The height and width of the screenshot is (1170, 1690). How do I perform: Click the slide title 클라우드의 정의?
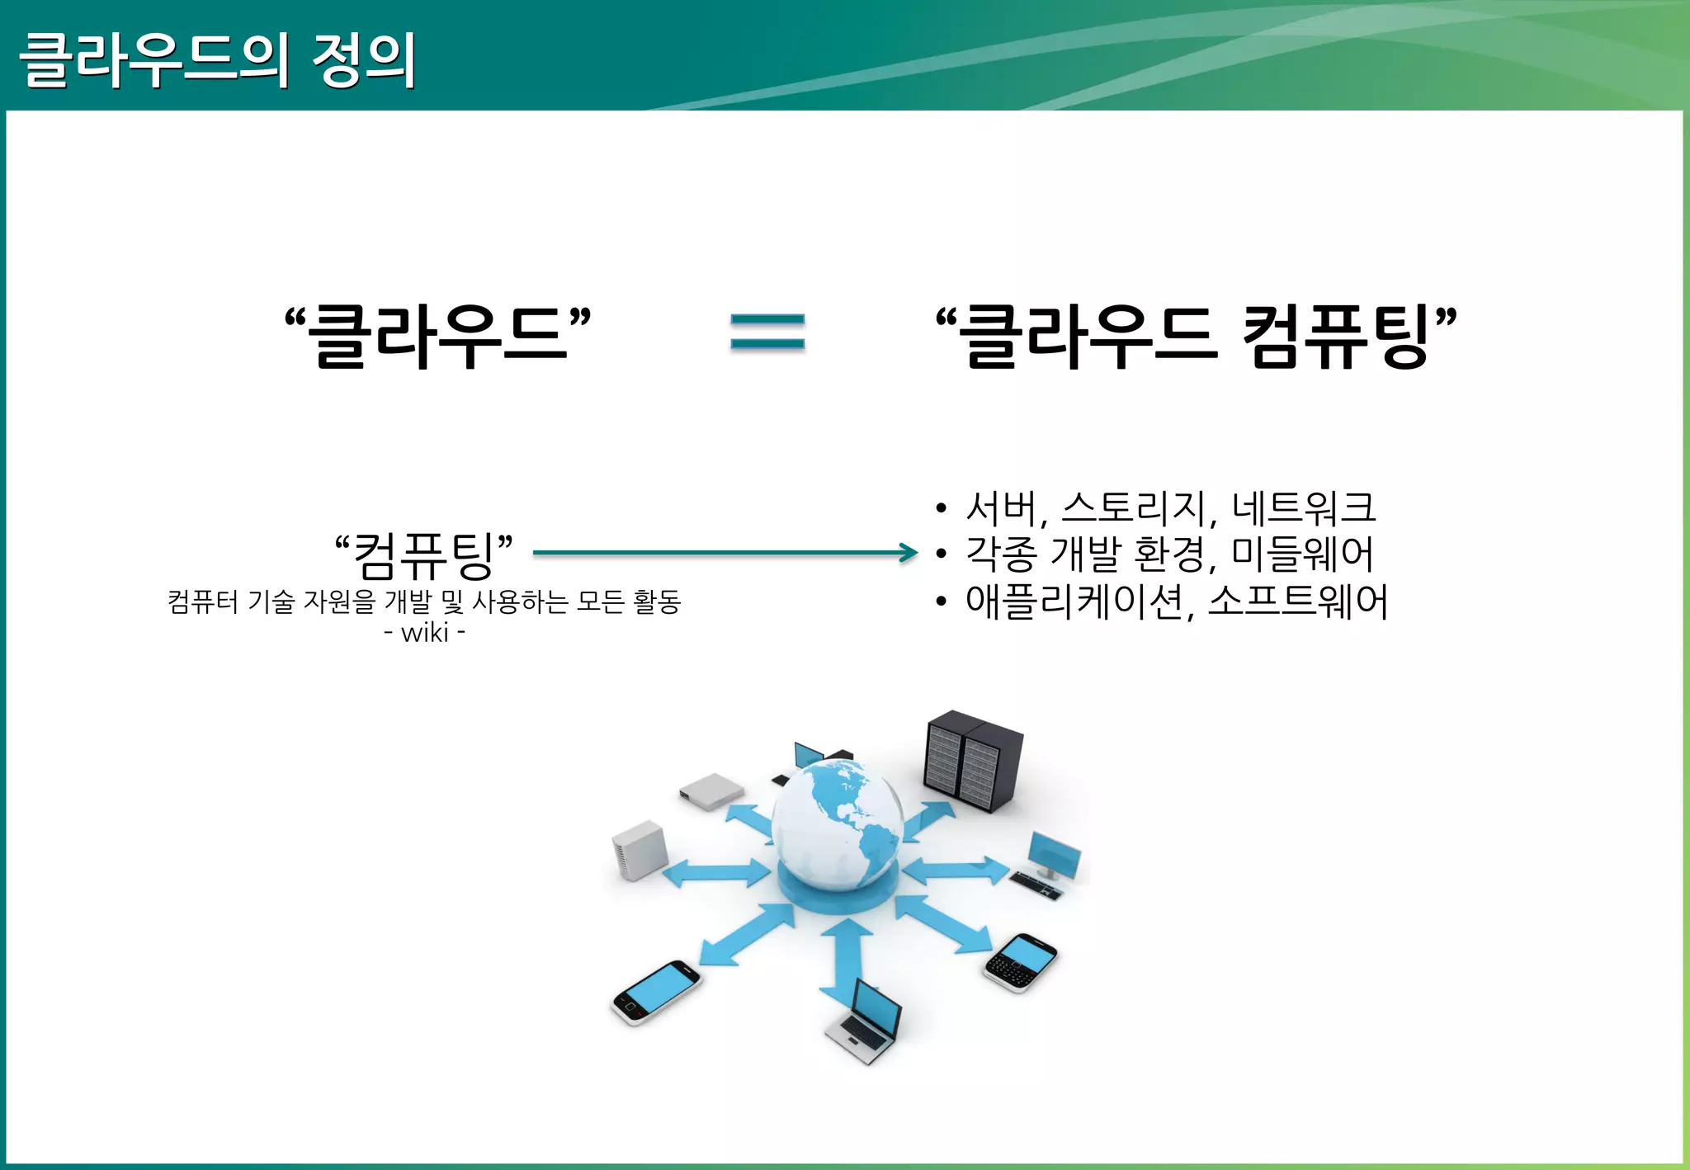[x=217, y=59]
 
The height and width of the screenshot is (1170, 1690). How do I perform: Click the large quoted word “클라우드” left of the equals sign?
[x=437, y=334]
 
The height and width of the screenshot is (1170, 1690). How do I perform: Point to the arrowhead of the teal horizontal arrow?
[x=909, y=553]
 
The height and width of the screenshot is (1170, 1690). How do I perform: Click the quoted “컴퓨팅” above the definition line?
[x=423, y=554]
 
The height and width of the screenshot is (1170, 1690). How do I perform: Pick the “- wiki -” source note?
[x=424, y=633]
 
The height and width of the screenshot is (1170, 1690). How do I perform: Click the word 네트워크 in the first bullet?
[x=1304, y=507]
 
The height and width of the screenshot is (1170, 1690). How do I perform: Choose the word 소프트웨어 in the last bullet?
[x=1298, y=601]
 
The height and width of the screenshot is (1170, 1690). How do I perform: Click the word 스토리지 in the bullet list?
[x=1135, y=507]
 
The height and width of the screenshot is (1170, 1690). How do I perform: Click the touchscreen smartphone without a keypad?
[x=656, y=992]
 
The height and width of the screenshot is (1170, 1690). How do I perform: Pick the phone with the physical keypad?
[x=1021, y=962]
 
